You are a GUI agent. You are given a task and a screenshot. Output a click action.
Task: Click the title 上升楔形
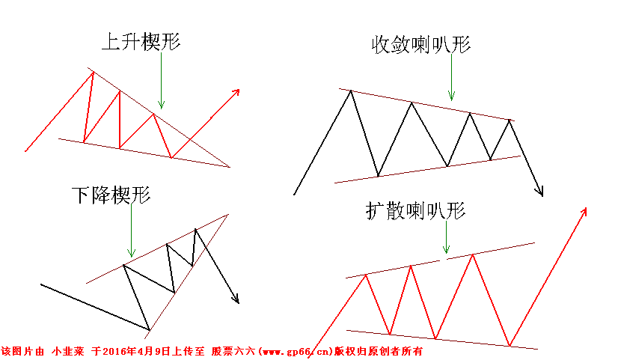pos(141,42)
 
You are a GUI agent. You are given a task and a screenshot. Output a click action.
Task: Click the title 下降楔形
pos(111,196)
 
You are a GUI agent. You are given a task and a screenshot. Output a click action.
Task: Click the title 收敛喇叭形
pos(421,44)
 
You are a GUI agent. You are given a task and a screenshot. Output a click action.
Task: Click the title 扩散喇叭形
pos(416,212)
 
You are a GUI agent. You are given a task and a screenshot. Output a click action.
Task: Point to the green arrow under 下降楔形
pos(131,232)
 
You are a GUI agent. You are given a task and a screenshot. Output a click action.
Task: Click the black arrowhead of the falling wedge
pos(236,299)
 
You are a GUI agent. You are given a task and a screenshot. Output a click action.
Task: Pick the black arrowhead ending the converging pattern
pos(539,192)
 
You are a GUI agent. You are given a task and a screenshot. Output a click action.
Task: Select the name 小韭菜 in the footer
pos(67,350)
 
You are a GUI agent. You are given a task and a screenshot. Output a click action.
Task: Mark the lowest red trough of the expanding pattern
pos(510,346)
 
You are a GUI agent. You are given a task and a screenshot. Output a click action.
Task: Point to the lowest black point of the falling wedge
pos(149,328)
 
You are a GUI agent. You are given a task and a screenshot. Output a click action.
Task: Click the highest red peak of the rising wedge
pos(91,71)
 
